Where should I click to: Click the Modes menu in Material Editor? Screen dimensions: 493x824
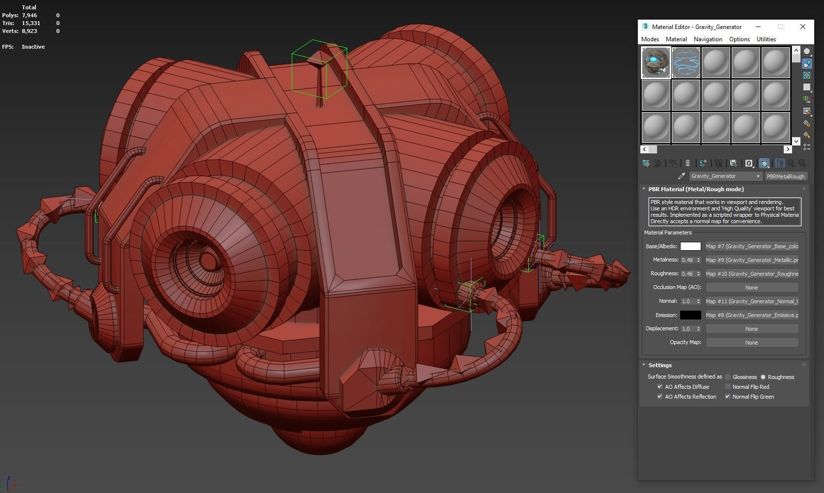coord(650,39)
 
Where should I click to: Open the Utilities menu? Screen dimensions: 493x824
coord(766,39)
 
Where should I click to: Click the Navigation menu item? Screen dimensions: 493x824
coord(708,39)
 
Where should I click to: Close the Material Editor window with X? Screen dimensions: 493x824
coord(802,27)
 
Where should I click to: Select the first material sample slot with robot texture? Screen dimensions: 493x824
coord(656,62)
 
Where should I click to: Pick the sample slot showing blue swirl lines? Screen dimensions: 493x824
coord(686,62)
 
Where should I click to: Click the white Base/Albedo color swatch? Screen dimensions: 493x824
coord(690,246)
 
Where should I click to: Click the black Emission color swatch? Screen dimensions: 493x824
coord(690,315)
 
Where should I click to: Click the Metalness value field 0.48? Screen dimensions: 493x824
coord(687,260)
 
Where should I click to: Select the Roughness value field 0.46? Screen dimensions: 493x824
coord(687,274)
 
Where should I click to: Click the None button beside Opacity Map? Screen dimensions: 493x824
coord(751,343)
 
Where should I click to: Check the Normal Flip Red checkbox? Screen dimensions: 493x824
coord(728,387)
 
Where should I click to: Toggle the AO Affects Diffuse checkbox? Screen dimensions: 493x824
coord(659,387)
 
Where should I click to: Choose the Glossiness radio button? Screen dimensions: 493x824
coord(728,377)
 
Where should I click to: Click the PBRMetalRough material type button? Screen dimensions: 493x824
coord(786,176)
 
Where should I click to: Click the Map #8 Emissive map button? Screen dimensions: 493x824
coord(751,315)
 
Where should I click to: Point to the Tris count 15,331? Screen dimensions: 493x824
coord(31,23)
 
